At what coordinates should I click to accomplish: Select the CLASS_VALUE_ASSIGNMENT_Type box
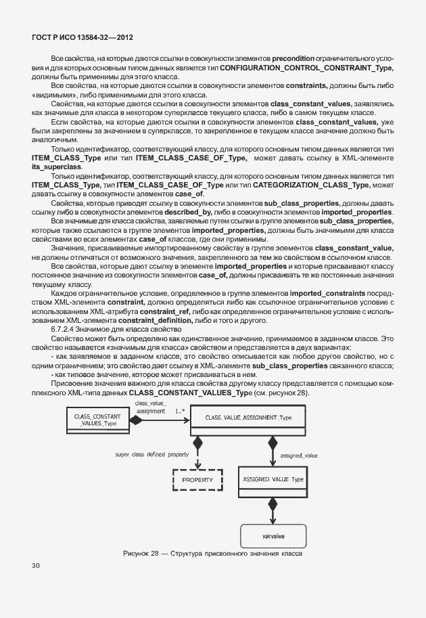(249, 418)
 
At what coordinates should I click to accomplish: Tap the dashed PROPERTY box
(197, 480)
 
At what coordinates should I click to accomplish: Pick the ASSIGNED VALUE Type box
(273, 479)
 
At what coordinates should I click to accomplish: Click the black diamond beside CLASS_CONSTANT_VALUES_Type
(137, 420)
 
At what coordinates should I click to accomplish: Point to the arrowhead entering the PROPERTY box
(197, 463)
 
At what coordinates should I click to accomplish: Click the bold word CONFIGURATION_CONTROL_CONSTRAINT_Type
(306, 68)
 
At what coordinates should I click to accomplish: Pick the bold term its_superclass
(57, 166)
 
